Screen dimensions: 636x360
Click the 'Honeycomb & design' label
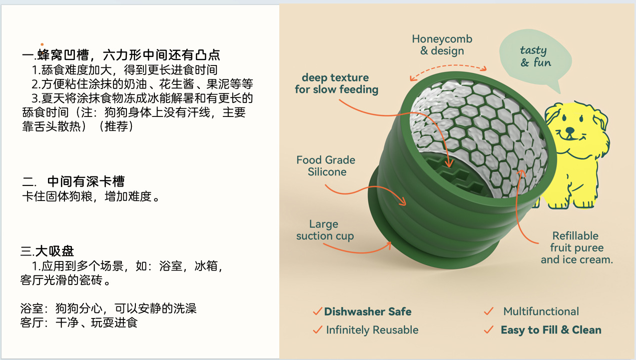[x=442, y=44]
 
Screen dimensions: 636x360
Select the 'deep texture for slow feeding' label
[x=336, y=83]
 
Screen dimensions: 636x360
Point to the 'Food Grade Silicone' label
[x=326, y=166]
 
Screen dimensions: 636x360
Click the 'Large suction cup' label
[x=325, y=230]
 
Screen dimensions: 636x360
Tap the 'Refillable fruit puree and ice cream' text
[x=576, y=247]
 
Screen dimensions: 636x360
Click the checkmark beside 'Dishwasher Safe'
[x=317, y=311]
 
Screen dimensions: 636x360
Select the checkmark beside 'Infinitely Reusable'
[x=317, y=330]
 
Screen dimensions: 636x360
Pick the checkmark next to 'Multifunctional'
[x=489, y=311]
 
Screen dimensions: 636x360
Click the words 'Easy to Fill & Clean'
[x=551, y=330]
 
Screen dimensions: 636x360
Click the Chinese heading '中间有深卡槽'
[x=85, y=181]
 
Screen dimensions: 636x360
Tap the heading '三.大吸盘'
[x=47, y=251]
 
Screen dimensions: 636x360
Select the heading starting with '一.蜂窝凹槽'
[x=121, y=54]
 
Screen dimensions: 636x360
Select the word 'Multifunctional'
[x=541, y=311]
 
